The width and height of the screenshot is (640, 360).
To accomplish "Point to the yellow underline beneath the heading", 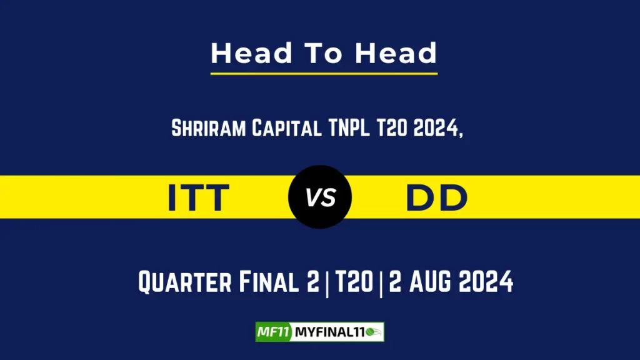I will [x=324, y=74].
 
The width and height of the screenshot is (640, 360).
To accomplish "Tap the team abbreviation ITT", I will [x=199, y=197].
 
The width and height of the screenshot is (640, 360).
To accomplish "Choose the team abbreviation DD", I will [x=437, y=197].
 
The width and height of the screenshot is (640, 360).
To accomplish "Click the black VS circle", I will [x=320, y=197].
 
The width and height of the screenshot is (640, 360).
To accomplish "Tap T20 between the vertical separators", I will [x=351, y=282].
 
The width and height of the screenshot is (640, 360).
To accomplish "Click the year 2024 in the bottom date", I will [x=487, y=282].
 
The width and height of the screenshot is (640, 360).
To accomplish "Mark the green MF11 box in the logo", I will [x=273, y=332].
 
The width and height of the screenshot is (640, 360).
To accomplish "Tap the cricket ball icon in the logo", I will [x=376, y=332].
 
